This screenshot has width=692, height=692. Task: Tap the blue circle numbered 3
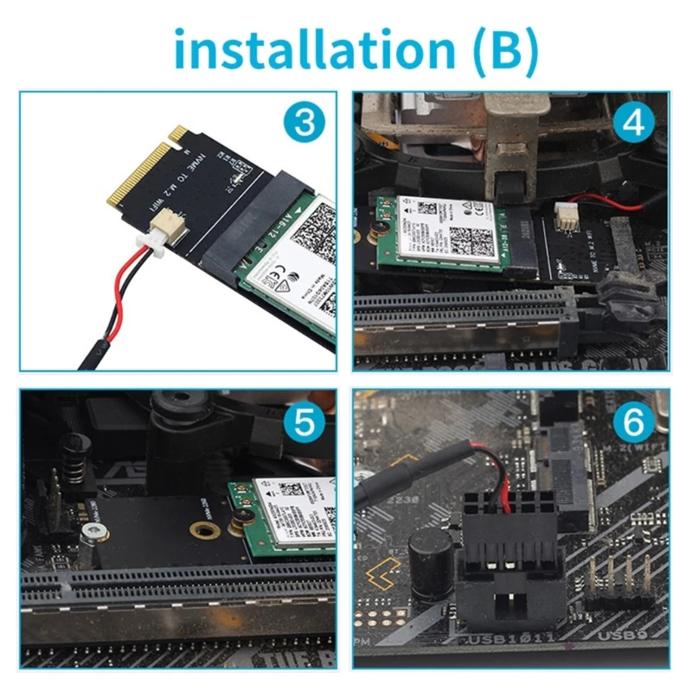click(304, 124)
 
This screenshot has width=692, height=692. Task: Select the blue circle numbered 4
click(634, 124)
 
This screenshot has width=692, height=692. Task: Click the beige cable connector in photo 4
click(567, 215)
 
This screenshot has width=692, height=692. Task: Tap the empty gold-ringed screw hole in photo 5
click(205, 529)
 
